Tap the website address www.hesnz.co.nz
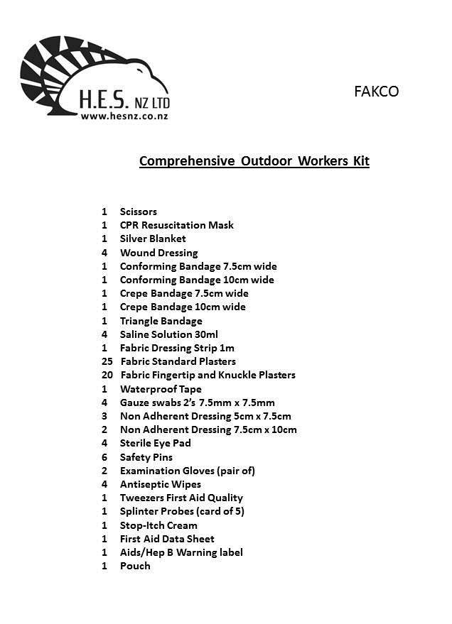[x=124, y=116]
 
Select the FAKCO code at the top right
[x=376, y=92]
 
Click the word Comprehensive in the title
[x=186, y=160]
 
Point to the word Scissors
[x=139, y=212]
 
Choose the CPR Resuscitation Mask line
[x=176, y=225]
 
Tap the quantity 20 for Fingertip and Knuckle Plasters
[x=107, y=375]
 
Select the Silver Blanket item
[x=153, y=239]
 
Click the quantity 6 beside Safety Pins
[x=104, y=457]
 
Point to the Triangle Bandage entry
[x=161, y=321]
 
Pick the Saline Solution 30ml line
[x=168, y=334]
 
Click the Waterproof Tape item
[x=161, y=389]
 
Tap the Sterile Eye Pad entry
[x=155, y=443]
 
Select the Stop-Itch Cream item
[x=158, y=525]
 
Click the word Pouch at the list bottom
[x=135, y=566]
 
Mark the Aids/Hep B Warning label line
[x=181, y=552]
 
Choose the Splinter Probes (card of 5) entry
[x=182, y=511]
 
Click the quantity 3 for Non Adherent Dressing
[x=104, y=416]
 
